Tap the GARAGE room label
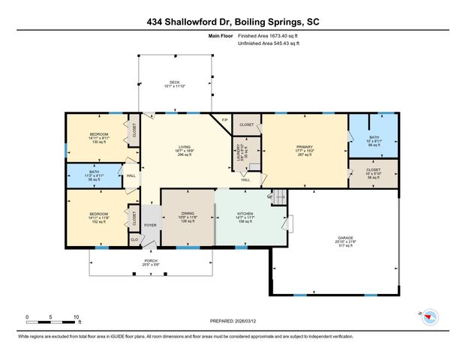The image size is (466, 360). pyautogui.click(x=346, y=237)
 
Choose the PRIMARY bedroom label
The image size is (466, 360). pyautogui.click(x=304, y=148)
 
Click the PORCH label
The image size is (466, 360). pyautogui.click(x=152, y=261)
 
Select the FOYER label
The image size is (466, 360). pyautogui.click(x=150, y=224)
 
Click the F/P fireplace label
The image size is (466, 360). pyautogui.click(x=224, y=120)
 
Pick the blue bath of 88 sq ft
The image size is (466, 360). pyautogui.click(x=373, y=138)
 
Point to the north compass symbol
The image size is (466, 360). pyautogui.click(x=429, y=316)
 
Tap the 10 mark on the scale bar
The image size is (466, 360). pyautogui.click(x=76, y=316)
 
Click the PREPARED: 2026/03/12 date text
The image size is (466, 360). pyautogui.click(x=233, y=319)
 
